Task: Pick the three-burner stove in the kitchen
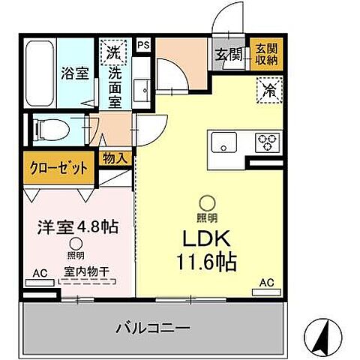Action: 267,140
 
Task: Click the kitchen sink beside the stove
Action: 226,140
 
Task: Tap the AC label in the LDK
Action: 265,282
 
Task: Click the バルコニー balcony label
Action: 152,328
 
